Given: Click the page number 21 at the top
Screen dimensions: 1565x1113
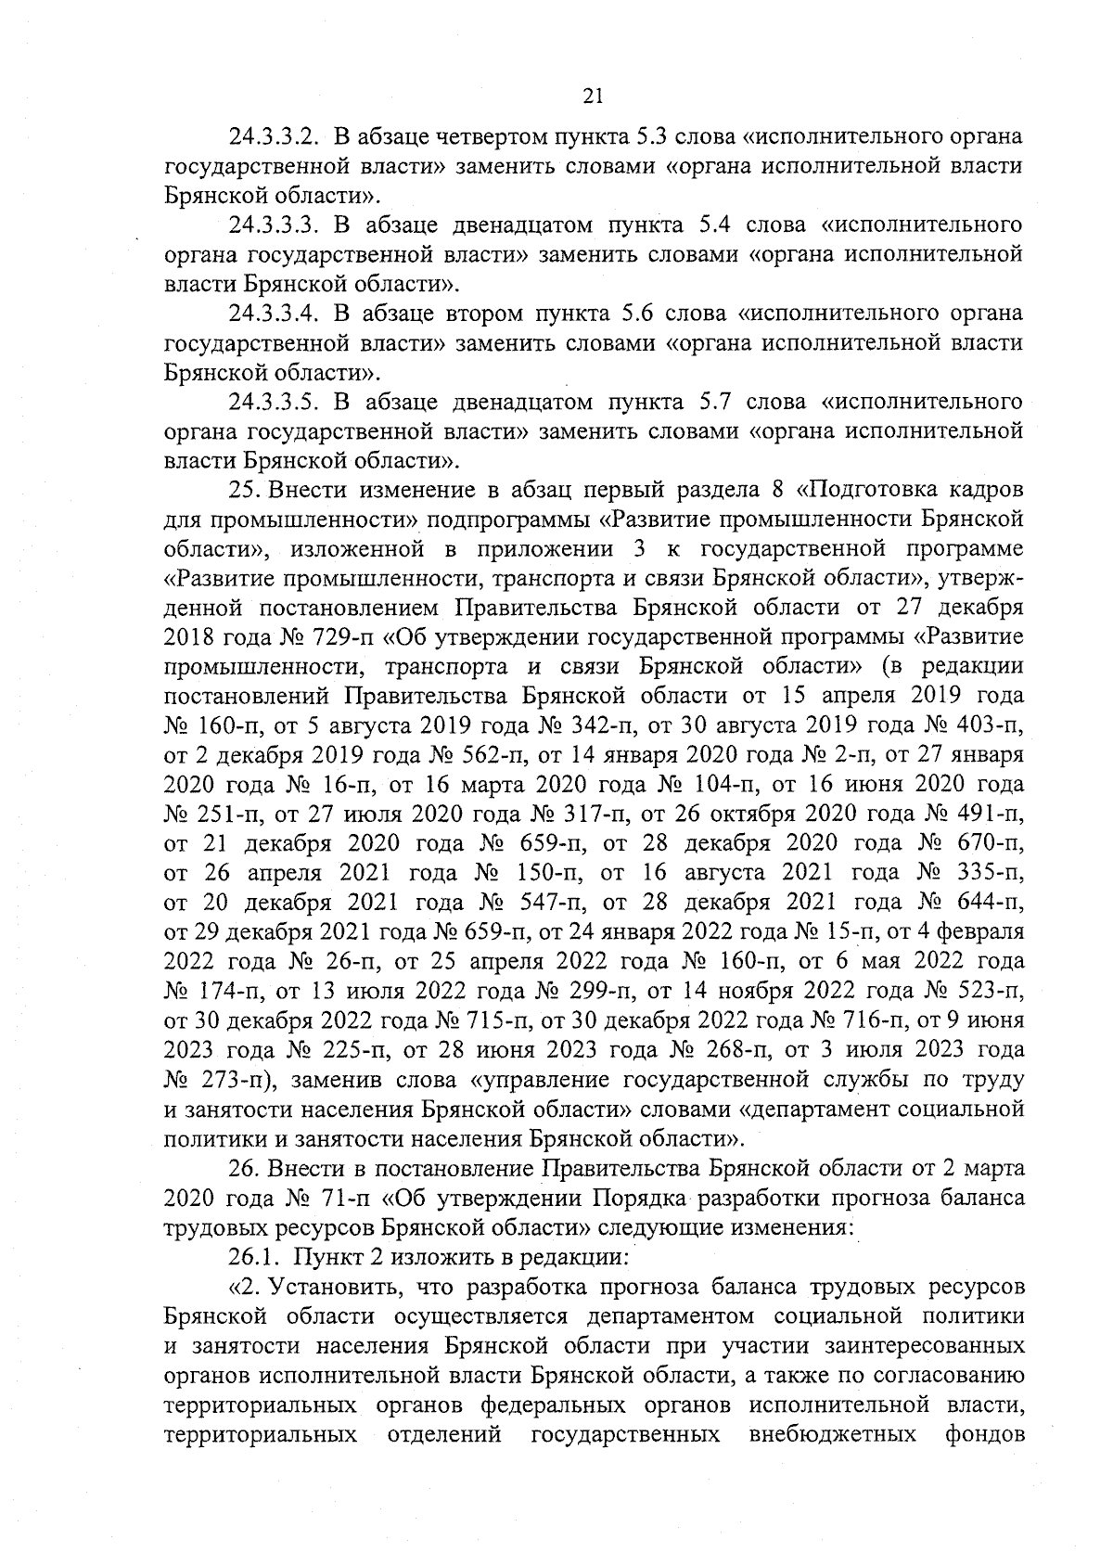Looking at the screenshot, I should point(595,95).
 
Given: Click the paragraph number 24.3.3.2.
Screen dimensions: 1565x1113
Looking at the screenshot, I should point(275,137).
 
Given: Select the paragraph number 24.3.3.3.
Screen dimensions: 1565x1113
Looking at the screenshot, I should point(276,225).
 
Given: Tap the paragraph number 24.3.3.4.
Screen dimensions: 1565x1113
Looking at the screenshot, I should point(275,314).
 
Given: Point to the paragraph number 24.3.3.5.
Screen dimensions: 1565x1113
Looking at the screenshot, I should point(276,403).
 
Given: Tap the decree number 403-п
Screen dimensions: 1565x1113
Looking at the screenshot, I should point(989,725).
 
